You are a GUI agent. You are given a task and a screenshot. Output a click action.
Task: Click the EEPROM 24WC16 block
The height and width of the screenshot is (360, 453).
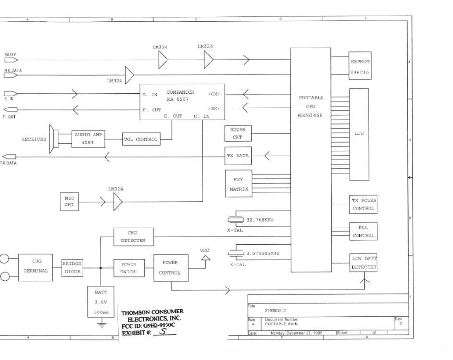[363, 67]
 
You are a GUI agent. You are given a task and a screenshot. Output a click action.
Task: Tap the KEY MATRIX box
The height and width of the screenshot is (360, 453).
[238, 184]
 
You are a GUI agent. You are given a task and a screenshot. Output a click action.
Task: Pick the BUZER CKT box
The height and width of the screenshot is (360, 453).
[238, 133]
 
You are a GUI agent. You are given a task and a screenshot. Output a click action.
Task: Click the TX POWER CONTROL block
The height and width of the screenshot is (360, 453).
[363, 204]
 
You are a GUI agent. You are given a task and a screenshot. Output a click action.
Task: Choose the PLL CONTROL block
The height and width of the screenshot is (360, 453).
[363, 231]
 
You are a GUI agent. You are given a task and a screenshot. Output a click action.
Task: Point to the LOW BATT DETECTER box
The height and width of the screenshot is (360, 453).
[364, 263]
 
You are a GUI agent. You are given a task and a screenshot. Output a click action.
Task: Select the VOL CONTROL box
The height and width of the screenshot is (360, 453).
[141, 139]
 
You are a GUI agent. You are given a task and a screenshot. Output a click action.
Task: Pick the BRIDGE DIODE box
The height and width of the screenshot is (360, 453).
[72, 267]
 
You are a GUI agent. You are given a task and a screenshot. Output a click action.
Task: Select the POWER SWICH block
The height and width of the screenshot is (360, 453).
[129, 267]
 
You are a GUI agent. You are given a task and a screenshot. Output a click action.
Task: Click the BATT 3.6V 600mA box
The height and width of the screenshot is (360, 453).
[101, 301]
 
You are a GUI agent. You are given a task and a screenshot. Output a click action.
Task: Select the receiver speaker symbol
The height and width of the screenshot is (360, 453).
[54, 139]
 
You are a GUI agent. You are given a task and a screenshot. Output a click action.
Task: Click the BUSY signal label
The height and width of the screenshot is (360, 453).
[11, 55]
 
